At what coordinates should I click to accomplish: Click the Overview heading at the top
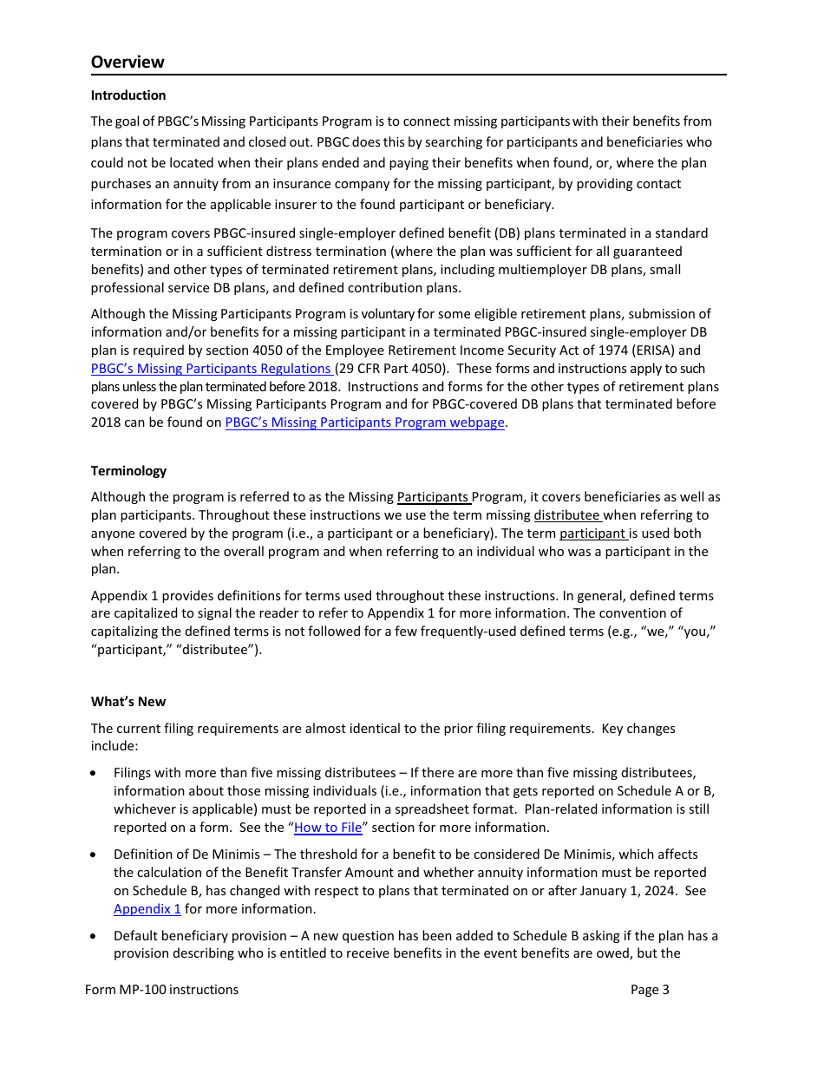[x=128, y=62]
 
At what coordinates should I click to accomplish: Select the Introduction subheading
[x=128, y=95]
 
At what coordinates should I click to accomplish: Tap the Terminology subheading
[x=128, y=471]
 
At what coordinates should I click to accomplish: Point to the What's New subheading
[x=128, y=702]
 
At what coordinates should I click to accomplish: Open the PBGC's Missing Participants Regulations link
[x=211, y=369]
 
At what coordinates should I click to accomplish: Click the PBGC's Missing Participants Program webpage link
[x=364, y=422]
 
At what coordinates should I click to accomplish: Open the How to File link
[x=328, y=828]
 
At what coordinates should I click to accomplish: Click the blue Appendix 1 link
[x=147, y=909]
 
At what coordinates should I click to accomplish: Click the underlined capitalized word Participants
[x=433, y=497]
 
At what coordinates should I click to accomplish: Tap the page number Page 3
[x=650, y=990]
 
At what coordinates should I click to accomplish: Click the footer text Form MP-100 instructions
[x=162, y=990]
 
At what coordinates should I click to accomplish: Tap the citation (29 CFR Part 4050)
[x=391, y=369]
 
